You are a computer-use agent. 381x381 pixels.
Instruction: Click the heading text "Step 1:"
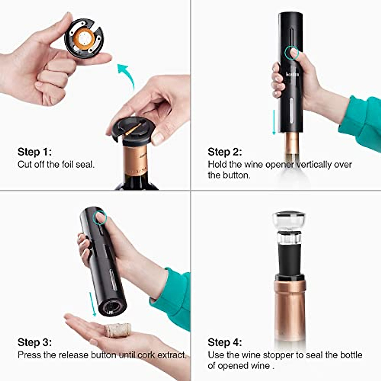click(x=34, y=152)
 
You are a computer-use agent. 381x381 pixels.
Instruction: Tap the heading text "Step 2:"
click(x=224, y=152)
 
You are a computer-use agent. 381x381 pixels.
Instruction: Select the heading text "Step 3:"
click(x=34, y=342)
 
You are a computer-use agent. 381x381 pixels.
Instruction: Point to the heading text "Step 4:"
click(x=224, y=342)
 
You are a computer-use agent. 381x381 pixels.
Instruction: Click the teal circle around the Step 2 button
click(x=292, y=53)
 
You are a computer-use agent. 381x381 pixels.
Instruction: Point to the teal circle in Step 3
click(x=101, y=218)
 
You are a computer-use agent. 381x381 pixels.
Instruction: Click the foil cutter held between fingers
click(x=84, y=38)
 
